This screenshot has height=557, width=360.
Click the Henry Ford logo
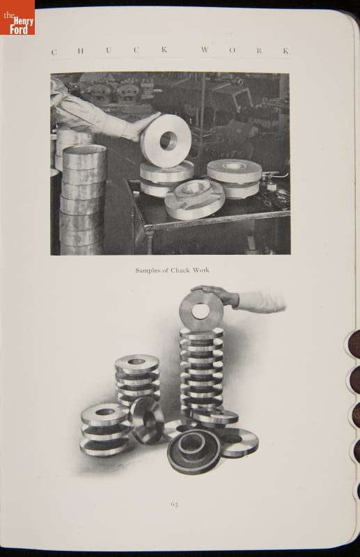[17, 17]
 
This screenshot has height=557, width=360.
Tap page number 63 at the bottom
[174, 504]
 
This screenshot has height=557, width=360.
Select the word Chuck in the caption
[180, 270]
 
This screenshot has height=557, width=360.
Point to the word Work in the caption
[201, 270]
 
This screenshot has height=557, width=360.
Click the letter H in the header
[81, 51]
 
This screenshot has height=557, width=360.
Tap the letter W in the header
[205, 49]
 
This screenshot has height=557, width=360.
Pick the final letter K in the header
[285, 51]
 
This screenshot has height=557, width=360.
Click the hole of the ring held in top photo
[168, 140]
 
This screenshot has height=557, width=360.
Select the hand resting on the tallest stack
[216, 294]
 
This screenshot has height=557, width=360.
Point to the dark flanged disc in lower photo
[194, 451]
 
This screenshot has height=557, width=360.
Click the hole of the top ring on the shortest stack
[105, 412]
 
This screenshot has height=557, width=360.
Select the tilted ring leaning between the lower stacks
[146, 421]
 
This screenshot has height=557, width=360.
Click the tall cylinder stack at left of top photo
[83, 199]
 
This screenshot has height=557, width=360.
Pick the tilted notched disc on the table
[194, 198]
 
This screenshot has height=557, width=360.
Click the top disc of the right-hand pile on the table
[234, 171]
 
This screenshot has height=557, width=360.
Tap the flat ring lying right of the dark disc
[237, 442]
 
